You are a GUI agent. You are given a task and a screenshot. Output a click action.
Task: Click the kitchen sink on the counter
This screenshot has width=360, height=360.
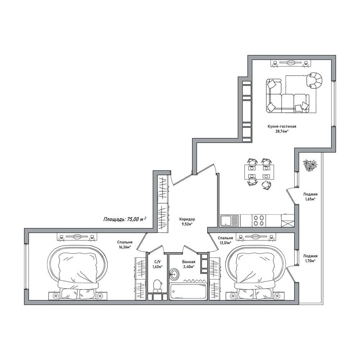tap(229, 220)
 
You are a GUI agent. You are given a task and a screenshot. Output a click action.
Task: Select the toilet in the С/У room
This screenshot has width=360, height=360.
tap(157, 286)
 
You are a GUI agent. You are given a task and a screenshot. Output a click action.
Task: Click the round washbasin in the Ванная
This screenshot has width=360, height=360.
tap(174, 274)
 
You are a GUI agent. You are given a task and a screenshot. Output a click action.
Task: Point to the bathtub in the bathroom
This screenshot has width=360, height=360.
tap(188, 291)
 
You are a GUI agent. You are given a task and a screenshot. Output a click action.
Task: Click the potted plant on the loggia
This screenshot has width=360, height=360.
tap(310, 165)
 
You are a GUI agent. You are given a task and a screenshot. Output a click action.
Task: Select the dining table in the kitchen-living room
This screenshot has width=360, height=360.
tap(259, 172)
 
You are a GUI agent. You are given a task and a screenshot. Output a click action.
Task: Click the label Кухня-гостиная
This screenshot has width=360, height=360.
tap(282, 126)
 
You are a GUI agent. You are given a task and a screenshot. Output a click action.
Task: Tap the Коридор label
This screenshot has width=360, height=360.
tap(187, 219)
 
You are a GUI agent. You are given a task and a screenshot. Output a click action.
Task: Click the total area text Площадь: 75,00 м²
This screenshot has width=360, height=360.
tap(125, 219)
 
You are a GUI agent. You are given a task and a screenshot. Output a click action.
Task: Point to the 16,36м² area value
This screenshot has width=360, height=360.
tap(124, 247)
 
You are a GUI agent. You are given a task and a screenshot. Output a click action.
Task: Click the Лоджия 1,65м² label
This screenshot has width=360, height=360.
tap(310, 196)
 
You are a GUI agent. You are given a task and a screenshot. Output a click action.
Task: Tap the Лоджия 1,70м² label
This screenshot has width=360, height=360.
tap(310, 258)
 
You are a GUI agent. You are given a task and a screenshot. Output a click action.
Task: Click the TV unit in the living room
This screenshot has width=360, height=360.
tap(291, 63)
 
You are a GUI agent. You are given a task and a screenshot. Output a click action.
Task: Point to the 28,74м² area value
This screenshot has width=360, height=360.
tap(282, 131)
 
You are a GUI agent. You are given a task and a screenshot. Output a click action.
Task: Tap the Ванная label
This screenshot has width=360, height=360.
tap(189, 262)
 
